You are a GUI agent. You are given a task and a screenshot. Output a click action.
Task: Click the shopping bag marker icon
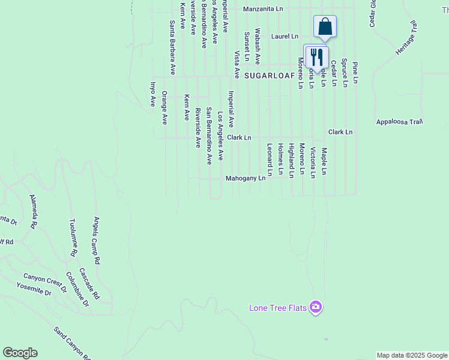[325, 26]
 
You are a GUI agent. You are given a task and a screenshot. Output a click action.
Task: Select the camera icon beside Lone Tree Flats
[316, 308]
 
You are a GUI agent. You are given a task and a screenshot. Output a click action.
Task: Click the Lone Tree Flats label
[278, 308]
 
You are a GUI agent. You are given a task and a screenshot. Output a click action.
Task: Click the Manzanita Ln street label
[263, 10]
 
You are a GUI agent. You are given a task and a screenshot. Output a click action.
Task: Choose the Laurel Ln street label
[285, 37]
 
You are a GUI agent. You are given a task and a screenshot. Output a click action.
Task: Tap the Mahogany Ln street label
[246, 179]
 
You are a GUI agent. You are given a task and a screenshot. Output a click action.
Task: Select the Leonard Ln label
[270, 160]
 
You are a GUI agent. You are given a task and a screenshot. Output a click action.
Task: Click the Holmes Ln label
[281, 160]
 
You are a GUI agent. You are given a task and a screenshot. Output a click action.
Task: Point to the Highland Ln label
[292, 160]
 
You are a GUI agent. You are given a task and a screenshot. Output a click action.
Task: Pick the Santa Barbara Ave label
[172, 47]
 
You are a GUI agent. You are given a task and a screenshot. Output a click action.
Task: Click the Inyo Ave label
[152, 94]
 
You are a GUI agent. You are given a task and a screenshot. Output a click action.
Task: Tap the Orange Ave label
[164, 108]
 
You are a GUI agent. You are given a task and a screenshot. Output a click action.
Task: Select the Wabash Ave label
[258, 46]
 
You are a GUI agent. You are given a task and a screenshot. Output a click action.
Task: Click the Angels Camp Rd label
[96, 241]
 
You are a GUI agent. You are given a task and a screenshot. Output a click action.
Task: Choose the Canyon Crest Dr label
[44, 283]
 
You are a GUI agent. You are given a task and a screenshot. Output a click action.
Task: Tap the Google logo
[20, 353]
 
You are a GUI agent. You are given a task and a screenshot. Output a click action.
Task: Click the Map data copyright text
[412, 355]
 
